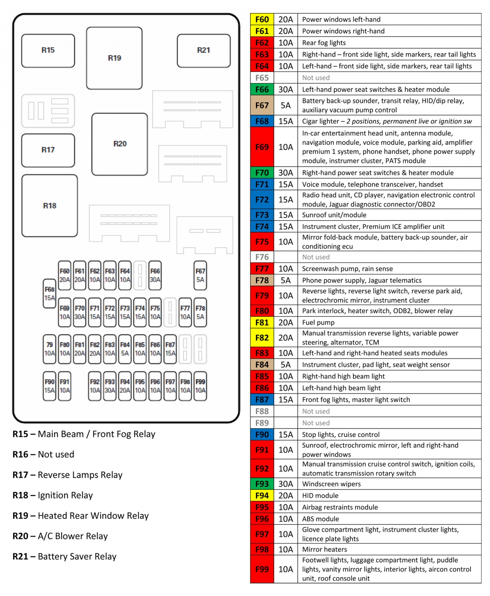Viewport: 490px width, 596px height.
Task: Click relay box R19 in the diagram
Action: tap(114, 58)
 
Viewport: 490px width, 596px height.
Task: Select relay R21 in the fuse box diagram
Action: tap(204, 50)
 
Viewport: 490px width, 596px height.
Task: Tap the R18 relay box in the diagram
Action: tap(49, 206)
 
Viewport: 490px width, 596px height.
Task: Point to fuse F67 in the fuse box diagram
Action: tap(200, 275)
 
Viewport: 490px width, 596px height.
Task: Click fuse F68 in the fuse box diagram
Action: tap(49, 294)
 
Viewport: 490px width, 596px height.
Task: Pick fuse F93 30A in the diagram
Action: tap(110, 386)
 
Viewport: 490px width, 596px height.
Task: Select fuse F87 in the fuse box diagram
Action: tap(170, 349)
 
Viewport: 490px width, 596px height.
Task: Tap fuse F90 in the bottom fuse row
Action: tap(49, 386)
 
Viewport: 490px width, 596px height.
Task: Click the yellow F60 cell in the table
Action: tap(262, 20)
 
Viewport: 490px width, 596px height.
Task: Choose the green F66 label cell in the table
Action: tap(262, 90)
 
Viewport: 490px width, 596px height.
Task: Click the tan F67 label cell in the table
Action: tap(262, 105)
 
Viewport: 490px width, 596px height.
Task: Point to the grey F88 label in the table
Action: tap(262, 411)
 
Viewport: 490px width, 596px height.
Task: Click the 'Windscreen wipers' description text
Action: tap(332, 484)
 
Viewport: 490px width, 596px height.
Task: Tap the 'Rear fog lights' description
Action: tap(324, 43)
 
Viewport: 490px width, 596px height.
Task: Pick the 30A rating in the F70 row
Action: tap(286, 173)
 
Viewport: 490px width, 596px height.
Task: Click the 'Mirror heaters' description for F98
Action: tap(325, 549)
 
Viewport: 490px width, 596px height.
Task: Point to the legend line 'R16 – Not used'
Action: tap(44, 454)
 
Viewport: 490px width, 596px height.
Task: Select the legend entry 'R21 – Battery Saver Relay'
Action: tap(65, 557)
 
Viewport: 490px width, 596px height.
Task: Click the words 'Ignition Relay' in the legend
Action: tap(65, 495)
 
